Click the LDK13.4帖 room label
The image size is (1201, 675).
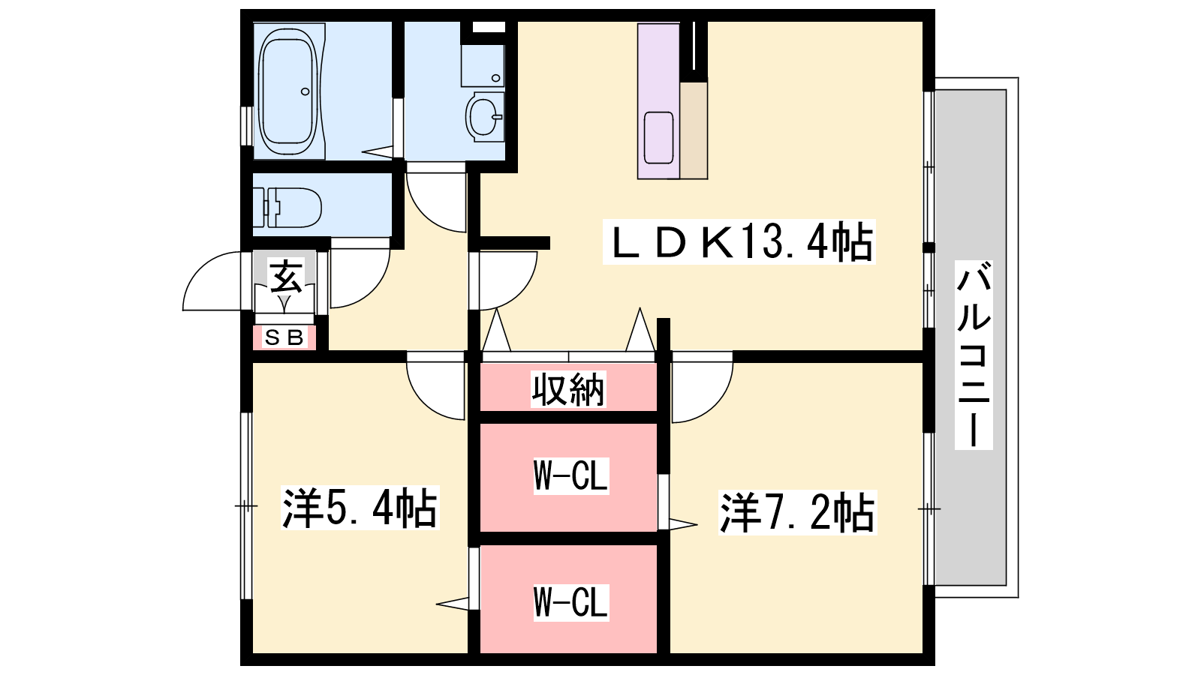coord(739,241)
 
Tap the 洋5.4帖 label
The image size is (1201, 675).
coord(360,508)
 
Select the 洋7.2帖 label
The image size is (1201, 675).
coord(798,513)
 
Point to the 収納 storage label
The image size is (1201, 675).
coord(568,389)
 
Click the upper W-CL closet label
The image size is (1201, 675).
coord(571,475)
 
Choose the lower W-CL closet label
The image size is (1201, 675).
coord(571,603)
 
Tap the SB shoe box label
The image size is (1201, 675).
coord(284,337)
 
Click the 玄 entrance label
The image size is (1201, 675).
coord(286,277)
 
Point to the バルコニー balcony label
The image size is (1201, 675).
coord(974,355)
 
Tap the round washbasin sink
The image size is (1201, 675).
coord(485,116)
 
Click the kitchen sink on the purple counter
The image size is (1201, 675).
coord(658,138)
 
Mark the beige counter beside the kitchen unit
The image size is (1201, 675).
coord(694,130)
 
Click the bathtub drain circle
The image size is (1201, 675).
coord(305,91)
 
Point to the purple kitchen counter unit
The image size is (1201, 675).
coord(658,101)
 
